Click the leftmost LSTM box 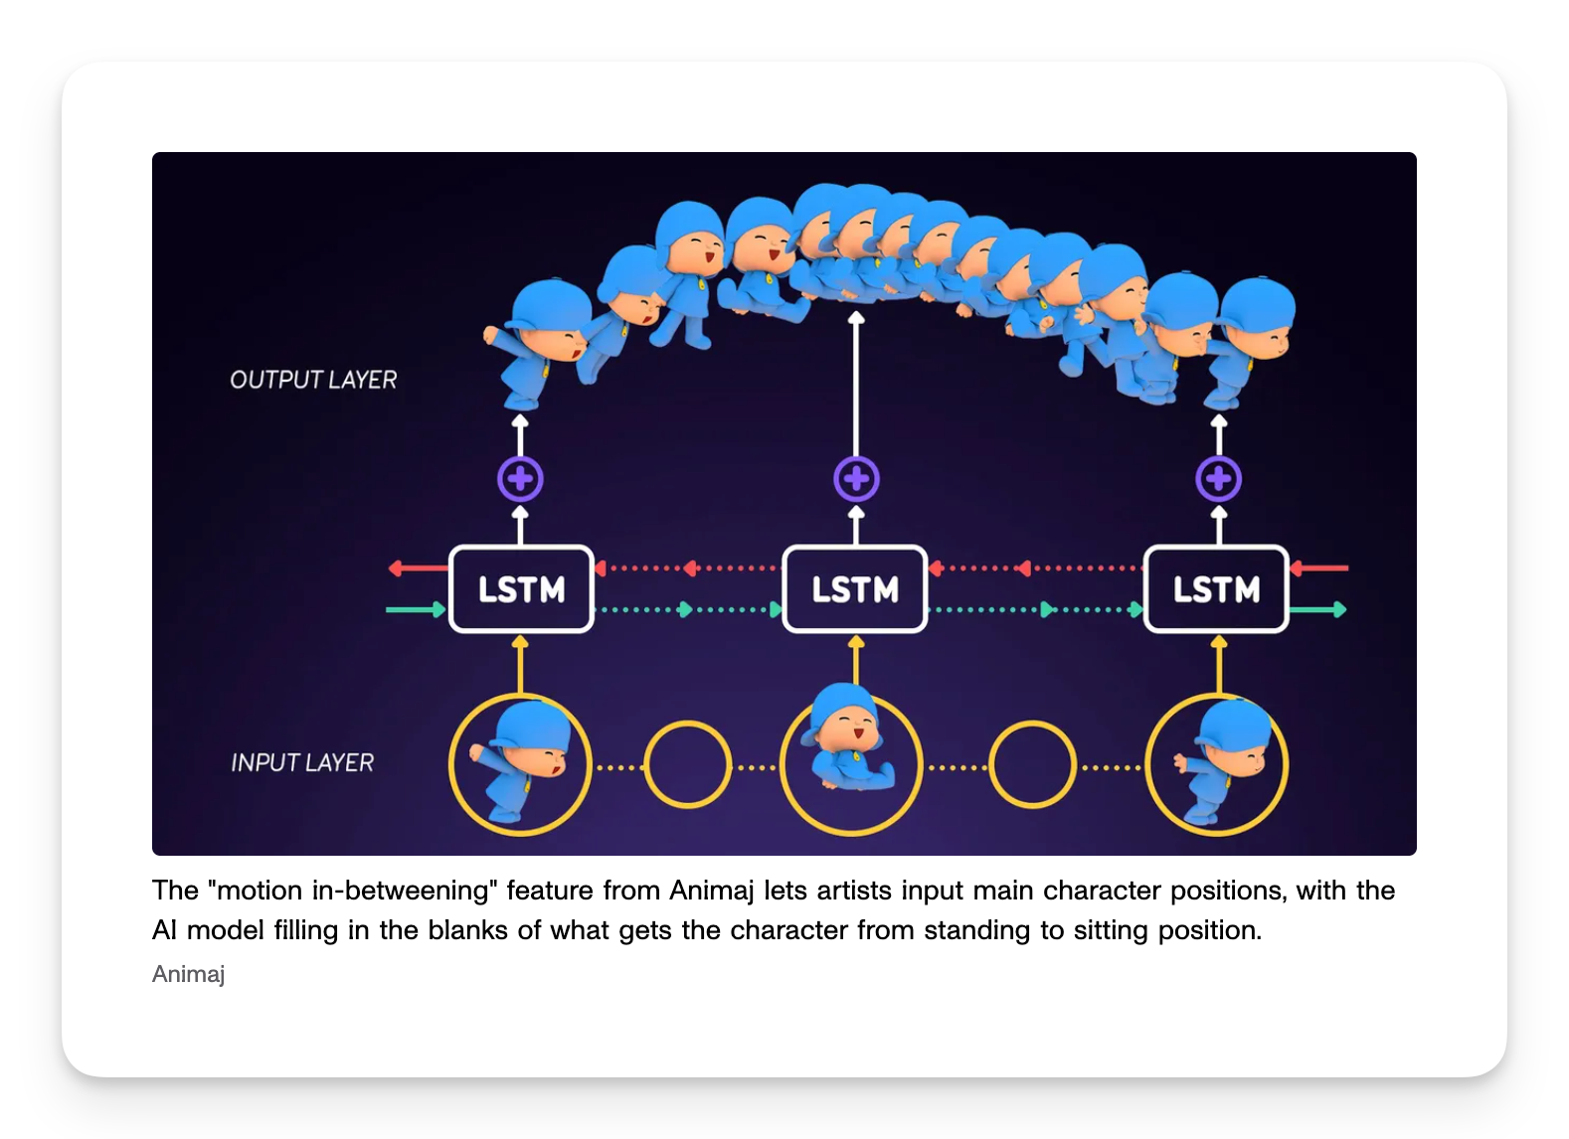[x=521, y=589]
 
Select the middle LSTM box [x=855, y=589]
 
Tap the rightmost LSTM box [x=1216, y=589]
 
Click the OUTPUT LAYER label [x=313, y=380]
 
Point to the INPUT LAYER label [x=302, y=762]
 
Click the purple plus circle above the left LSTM [x=520, y=480]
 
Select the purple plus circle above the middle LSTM [x=856, y=480]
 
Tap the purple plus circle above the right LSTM [x=1219, y=480]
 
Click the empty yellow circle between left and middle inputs [x=687, y=764]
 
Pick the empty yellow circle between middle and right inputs [x=1033, y=764]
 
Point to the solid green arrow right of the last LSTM [x=1318, y=609]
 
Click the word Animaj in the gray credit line [x=188, y=974]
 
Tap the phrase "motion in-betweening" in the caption [x=353, y=891]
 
